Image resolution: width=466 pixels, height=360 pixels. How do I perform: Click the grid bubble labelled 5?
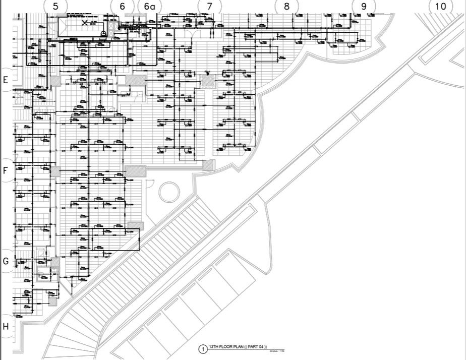tap(55, 6)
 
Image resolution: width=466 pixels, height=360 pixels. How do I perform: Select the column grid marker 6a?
tap(149, 7)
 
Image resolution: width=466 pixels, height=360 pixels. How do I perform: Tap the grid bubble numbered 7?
tap(209, 6)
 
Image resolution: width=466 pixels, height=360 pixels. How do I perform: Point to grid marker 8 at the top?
tap(286, 6)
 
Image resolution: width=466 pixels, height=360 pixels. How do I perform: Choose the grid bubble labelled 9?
tap(364, 6)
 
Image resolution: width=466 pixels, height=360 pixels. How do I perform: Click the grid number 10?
tap(440, 6)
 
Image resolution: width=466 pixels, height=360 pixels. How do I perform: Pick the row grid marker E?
tap(6, 80)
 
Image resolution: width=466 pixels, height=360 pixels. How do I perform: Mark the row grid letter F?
tap(6, 170)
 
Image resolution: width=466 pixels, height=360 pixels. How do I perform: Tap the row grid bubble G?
tap(6, 261)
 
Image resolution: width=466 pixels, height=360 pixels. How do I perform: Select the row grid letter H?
tap(6, 326)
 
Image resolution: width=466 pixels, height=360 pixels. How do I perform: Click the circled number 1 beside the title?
tap(203, 349)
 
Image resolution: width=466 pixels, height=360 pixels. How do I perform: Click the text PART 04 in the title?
tap(257, 347)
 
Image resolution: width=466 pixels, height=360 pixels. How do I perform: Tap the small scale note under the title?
tap(274, 351)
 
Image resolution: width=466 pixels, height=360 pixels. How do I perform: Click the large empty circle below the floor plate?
tap(169, 192)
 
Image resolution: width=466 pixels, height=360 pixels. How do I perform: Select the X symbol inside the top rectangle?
tap(86, 22)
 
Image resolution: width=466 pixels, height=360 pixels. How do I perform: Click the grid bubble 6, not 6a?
tap(122, 7)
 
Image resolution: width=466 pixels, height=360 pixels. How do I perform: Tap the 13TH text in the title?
tap(213, 347)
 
